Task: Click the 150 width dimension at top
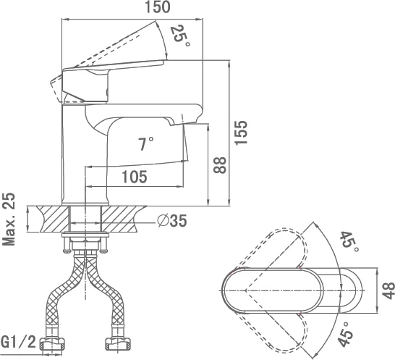(158, 7)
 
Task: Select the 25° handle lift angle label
(180, 35)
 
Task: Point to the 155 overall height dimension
(241, 133)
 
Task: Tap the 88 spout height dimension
(220, 165)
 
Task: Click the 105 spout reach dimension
(135, 177)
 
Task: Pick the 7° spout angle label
(146, 144)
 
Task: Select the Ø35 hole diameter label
(172, 221)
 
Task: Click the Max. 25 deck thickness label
(9, 219)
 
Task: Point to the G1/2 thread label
(18, 342)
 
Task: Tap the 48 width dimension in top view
(388, 290)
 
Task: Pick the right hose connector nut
(118, 344)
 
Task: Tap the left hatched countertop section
(54, 219)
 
